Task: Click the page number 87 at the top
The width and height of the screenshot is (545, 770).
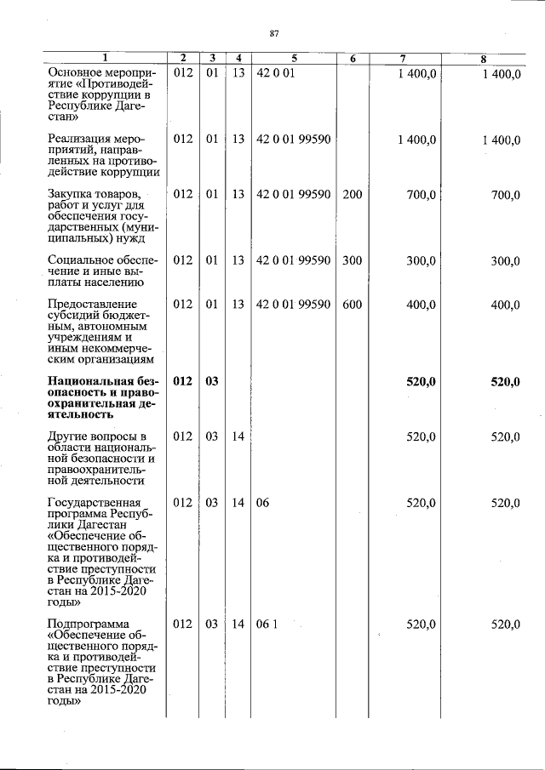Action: point(274,33)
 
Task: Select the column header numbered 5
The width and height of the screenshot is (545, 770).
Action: point(294,58)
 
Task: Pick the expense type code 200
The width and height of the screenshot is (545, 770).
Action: point(352,195)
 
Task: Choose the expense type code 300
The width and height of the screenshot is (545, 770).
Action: point(352,260)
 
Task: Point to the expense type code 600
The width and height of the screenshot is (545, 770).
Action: point(352,305)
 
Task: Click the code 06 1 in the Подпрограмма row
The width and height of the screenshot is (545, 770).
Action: point(267,625)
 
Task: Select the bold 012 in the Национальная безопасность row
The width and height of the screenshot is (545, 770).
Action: point(183,382)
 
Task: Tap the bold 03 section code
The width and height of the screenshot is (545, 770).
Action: point(211,382)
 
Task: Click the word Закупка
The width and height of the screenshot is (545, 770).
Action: point(72,195)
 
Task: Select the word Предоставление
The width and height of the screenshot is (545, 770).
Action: point(91,305)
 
